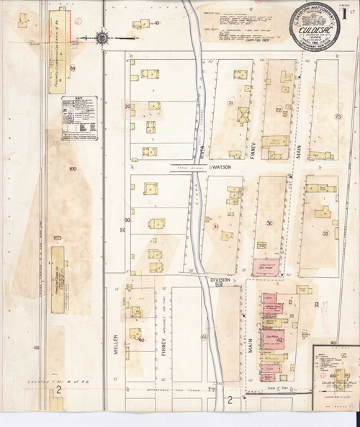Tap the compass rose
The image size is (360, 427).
102,35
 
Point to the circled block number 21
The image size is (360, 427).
231,104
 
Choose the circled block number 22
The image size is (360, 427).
278,109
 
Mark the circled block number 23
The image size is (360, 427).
337,116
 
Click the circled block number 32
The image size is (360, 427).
269,223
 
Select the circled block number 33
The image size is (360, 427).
325,233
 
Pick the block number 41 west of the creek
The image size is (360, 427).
204,337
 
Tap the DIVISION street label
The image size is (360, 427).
219,279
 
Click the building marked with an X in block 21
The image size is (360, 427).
242,115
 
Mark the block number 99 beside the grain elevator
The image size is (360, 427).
73,68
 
